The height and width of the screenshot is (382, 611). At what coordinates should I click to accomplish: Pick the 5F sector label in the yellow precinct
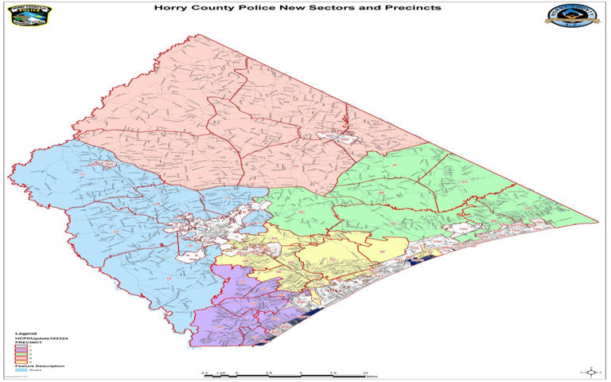point(382,252)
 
